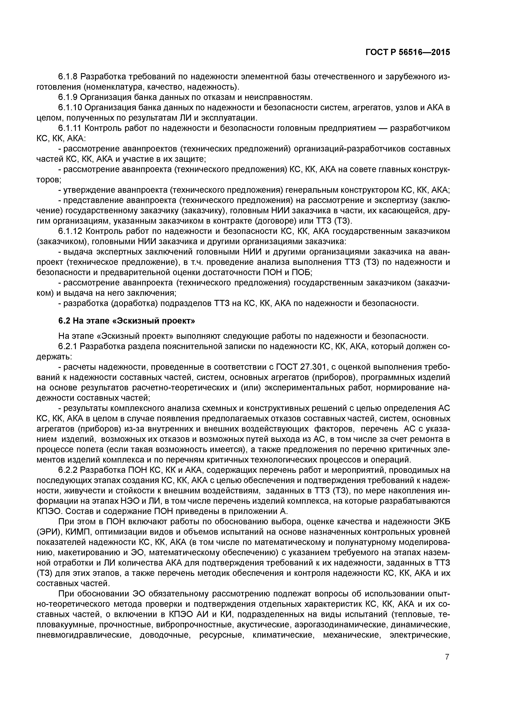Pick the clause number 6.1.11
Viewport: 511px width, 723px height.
(70, 128)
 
